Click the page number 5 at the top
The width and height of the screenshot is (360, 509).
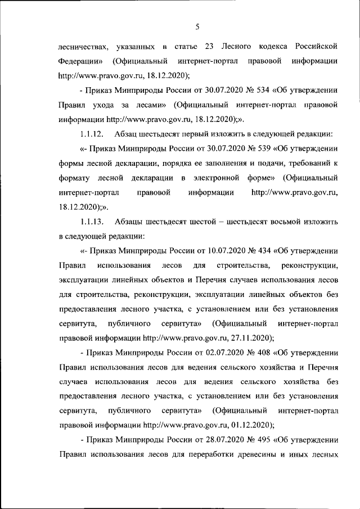tap(198, 25)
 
